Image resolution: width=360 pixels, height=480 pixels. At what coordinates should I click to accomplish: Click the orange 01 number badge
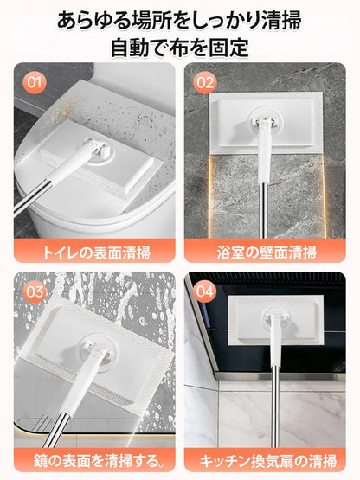[x=35, y=84]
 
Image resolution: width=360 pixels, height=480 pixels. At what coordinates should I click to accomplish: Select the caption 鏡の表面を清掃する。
[x=93, y=460]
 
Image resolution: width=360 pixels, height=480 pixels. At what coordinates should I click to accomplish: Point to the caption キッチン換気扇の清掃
[x=266, y=460]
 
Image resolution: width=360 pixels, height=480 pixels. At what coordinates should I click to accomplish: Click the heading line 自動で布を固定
[x=180, y=47]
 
